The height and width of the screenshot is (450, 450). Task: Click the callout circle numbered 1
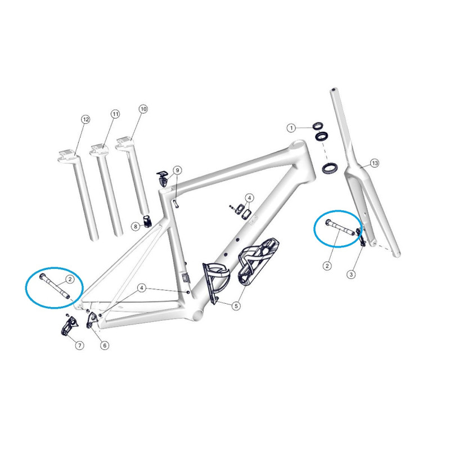click(x=291, y=128)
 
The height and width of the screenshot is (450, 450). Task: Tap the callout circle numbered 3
click(x=351, y=274)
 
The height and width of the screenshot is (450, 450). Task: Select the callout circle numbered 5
click(x=236, y=306)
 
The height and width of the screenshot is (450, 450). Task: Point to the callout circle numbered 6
click(x=105, y=345)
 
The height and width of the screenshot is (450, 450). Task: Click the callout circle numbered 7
click(x=79, y=345)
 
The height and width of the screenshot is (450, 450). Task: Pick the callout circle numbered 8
click(x=136, y=227)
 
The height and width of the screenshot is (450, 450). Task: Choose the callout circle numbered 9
click(x=177, y=170)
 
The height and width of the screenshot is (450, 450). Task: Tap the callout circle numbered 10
click(x=143, y=109)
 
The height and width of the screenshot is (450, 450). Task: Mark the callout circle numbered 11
click(x=115, y=114)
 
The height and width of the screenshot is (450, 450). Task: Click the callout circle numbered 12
click(x=85, y=119)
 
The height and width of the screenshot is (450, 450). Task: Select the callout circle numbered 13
click(x=375, y=163)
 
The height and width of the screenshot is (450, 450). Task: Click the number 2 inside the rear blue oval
click(x=70, y=279)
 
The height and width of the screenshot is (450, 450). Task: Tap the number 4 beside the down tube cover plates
click(x=249, y=198)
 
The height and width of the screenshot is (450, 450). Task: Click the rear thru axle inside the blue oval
click(x=55, y=287)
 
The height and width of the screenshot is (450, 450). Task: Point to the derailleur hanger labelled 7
click(x=69, y=325)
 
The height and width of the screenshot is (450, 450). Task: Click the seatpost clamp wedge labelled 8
click(x=147, y=220)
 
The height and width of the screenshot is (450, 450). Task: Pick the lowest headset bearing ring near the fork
click(x=330, y=168)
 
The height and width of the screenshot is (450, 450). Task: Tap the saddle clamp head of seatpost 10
click(x=125, y=142)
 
